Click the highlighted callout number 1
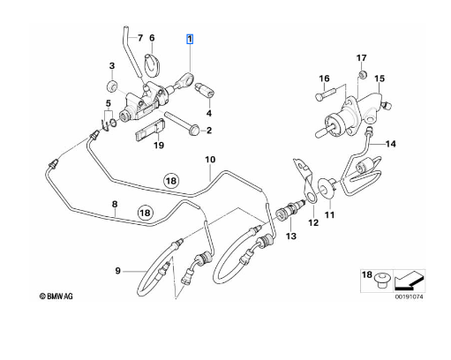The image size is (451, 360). [188, 40]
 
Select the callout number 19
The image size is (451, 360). [158, 146]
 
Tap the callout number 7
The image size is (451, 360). [139, 39]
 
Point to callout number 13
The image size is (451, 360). [290, 236]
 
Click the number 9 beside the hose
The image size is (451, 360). [118, 270]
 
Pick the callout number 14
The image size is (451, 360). [393, 143]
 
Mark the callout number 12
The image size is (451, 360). [312, 224]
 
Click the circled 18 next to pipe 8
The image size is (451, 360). [147, 212]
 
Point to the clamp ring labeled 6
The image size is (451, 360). [154, 62]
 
